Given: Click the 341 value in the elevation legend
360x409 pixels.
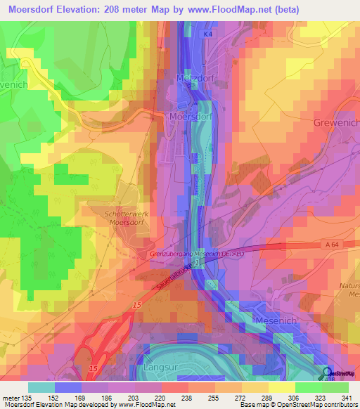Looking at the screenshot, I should coord(347,398).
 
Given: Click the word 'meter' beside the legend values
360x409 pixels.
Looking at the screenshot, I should coord(12,398).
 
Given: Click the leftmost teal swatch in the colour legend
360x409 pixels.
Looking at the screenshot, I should coord(41,387).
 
